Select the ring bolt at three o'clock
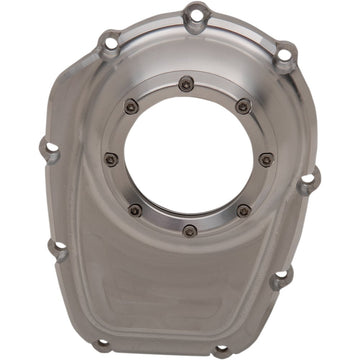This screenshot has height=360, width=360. tap(265, 159)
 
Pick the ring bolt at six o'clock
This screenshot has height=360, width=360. tap(190, 230)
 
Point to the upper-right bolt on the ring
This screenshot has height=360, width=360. tap(243, 106)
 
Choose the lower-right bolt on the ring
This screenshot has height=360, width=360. tap(244, 210)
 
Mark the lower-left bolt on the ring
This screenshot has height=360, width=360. tap(135, 210)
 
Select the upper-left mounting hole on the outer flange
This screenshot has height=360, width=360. tap(108, 41)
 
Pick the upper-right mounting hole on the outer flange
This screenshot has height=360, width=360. tap(284, 52)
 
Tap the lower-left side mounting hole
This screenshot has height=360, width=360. tap(58, 249)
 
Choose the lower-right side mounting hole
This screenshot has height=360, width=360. tap(283, 276)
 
